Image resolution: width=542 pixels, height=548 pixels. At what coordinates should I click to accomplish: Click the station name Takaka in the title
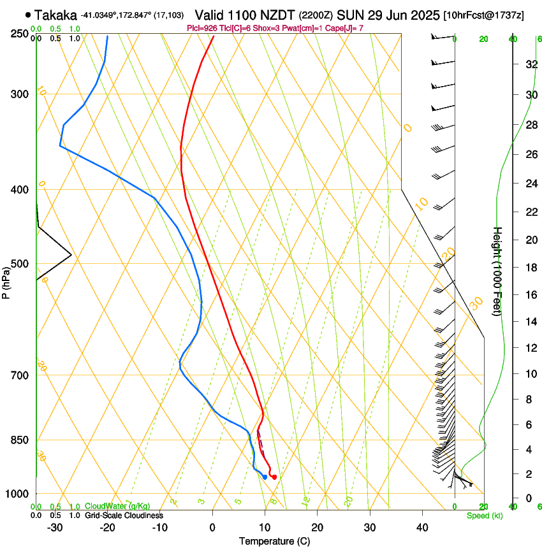coord(56,15)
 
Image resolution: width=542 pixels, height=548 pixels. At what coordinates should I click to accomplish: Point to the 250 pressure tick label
coord(19,33)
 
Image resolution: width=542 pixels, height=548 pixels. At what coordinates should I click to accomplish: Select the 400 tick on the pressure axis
coord(19,190)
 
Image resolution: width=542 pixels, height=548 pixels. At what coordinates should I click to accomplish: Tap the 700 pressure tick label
coord(19,375)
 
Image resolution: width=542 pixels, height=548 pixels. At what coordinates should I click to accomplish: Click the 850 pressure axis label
coord(19,440)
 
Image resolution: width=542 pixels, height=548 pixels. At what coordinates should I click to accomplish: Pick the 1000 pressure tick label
coord(17,494)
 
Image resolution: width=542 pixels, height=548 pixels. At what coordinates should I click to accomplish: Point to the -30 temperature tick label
coord(55,528)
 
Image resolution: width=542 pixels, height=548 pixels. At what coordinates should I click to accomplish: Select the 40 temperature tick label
coord(422,528)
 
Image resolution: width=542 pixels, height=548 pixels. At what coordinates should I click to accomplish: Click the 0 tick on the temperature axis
coord(212,528)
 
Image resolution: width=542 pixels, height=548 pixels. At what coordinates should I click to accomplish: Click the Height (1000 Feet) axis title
coord(497,271)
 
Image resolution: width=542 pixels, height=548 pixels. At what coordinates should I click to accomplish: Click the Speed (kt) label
coord(484,516)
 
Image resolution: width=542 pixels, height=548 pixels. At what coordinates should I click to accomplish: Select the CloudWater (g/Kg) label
coord(118,507)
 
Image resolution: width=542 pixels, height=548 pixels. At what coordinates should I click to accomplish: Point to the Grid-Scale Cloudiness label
coord(123,516)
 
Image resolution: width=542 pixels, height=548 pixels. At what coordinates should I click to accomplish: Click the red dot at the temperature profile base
coord(274,477)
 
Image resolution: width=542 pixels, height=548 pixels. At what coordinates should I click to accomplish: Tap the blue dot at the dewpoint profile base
coord(265,477)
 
